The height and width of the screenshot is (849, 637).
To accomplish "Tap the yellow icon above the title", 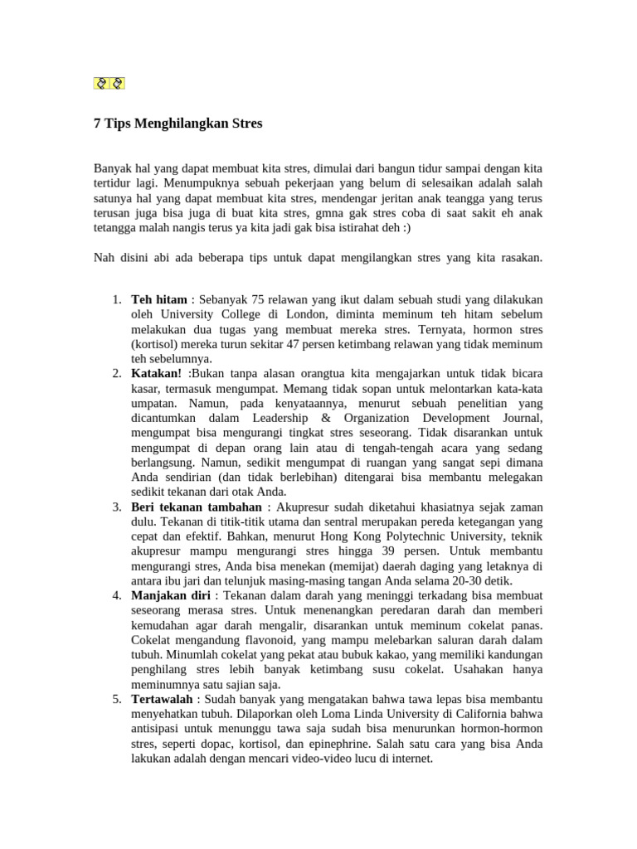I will click(x=109, y=82).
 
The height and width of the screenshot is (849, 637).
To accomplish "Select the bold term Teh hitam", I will click(x=159, y=298).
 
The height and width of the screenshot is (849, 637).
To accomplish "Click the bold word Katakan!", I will click(x=156, y=373).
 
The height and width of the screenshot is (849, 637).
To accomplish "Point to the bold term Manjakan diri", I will click(x=169, y=595).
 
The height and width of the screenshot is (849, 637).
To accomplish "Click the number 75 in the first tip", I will click(x=259, y=298).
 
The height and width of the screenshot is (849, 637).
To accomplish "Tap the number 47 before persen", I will click(x=299, y=343).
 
